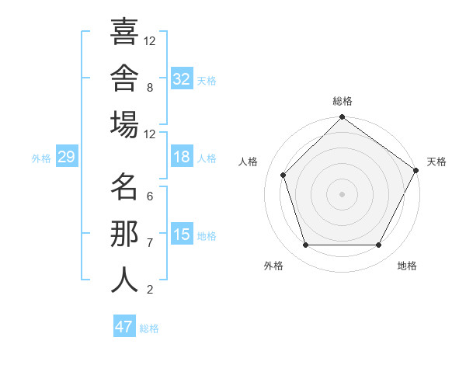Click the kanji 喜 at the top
(124, 31)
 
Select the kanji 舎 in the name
(124, 78)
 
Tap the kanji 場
(124, 124)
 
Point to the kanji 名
(124, 186)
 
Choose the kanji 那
(124, 234)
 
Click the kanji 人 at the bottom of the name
(124, 280)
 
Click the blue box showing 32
(182, 78)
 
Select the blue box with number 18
(182, 156)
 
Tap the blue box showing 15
(182, 233)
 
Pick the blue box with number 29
(67, 156)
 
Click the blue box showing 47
(124, 325)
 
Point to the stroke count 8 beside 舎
(150, 88)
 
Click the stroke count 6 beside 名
(150, 196)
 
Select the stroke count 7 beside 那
(150, 243)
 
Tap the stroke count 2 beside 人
(150, 290)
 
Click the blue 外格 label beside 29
(41, 158)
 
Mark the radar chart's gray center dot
(342, 194)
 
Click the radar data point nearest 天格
(416, 170)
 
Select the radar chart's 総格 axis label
(343, 101)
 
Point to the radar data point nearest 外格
(306, 245)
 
